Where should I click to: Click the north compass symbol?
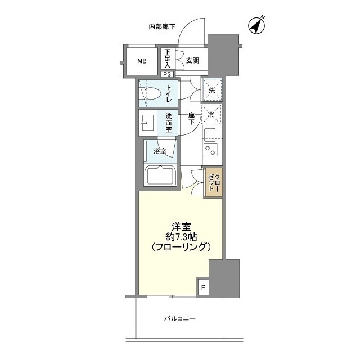[x=256, y=26]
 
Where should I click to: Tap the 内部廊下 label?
[x=161, y=26]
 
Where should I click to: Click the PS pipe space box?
[x=167, y=74]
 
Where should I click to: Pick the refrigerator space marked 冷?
[x=211, y=114]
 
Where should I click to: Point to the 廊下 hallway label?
[x=191, y=119]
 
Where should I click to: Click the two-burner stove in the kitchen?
[x=211, y=150]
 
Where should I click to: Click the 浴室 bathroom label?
[x=160, y=151]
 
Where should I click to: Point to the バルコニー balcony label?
[x=180, y=319]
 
